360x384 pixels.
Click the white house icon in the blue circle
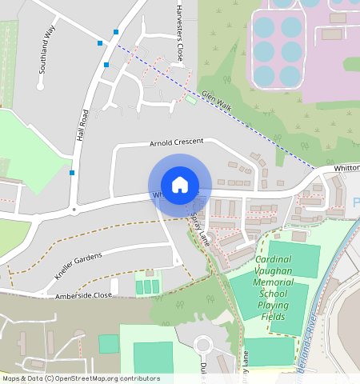click(x=180, y=184)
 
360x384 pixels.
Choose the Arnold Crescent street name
click(x=177, y=142)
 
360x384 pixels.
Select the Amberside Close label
click(x=83, y=295)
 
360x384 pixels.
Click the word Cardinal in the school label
click(x=274, y=260)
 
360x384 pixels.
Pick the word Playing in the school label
click(x=274, y=305)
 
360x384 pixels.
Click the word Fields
click(x=274, y=316)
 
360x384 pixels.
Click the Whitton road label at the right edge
click(x=346, y=168)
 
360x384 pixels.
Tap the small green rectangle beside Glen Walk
click(x=190, y=99)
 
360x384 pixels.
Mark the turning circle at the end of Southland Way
click(x=40, y=86)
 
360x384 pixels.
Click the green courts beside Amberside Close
click(x=146, y=286)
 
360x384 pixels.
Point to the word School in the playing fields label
click(x=274, y=294)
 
